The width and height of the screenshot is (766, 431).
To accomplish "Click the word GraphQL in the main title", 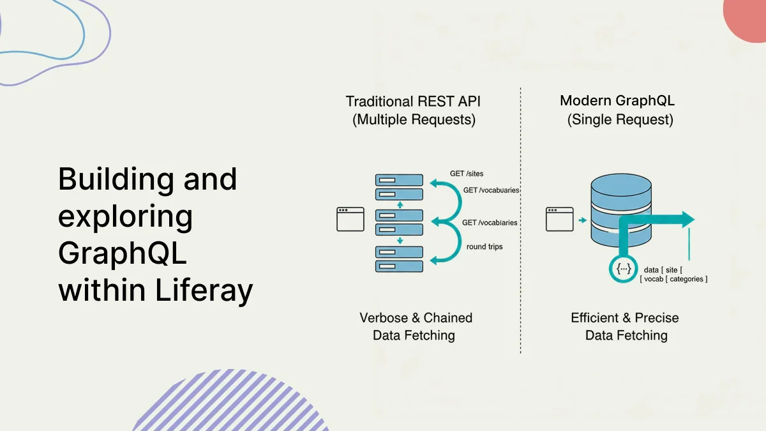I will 122,254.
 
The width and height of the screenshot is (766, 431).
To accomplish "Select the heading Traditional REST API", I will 413,101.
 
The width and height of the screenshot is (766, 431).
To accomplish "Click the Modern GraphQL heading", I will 617,100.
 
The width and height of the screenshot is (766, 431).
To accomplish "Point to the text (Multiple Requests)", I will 414,119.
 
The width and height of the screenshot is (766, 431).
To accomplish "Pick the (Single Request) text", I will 620,119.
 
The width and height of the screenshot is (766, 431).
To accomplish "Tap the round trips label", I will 484,246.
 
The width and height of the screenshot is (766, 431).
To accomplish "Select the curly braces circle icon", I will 623,269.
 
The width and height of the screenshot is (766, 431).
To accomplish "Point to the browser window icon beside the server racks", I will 350,219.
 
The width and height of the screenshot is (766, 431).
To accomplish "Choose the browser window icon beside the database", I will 559,219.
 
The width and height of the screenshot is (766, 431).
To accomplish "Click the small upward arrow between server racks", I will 400,205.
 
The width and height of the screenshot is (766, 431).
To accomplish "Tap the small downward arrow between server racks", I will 400,241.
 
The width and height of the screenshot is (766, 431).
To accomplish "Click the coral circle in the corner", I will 748,16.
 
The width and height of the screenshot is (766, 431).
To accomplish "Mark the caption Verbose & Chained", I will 416,317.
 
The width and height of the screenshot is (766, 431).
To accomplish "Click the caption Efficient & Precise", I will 624,317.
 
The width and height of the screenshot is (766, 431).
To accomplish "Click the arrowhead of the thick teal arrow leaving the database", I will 687,220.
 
